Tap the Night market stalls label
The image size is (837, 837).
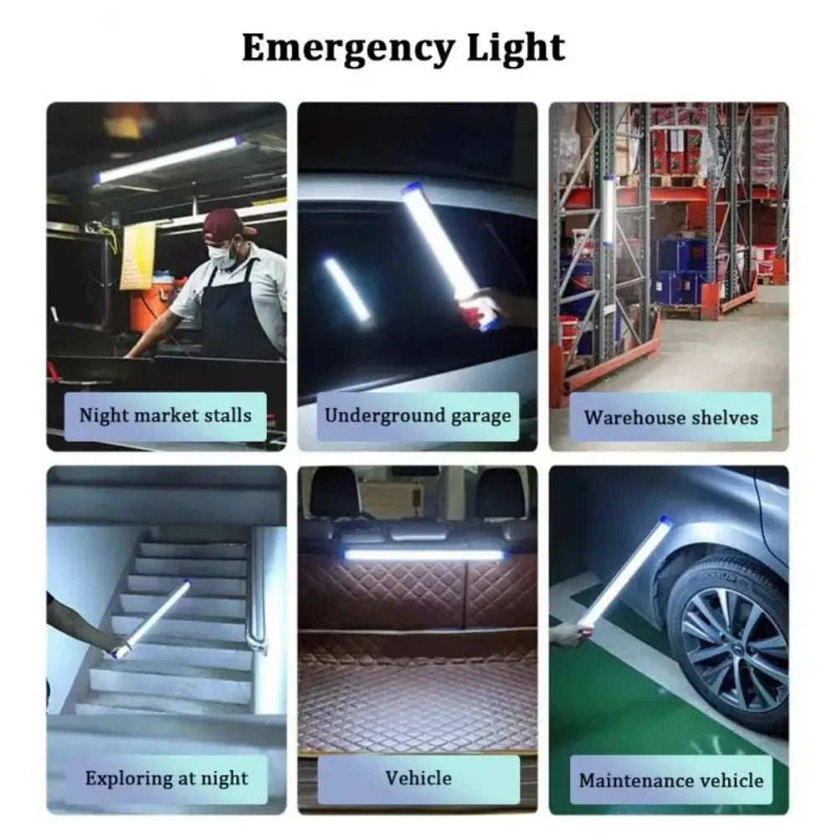point(165,416)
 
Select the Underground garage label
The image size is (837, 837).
point(418,416)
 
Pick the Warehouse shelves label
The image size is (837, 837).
point(670,418)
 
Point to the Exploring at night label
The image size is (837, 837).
point(167,778)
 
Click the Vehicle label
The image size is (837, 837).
point(418,778)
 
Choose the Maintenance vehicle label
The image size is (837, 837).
point(670,781)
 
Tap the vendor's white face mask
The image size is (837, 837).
point(223,254)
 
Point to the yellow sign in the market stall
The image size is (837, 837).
point(137,255)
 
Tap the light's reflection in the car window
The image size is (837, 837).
point(347,289)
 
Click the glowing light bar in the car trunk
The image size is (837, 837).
point(424,554)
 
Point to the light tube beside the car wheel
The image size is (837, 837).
point(624,573)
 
